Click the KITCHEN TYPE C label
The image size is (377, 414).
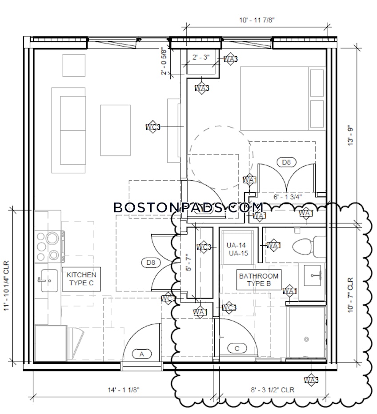click(82, 279)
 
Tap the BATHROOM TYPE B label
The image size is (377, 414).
click(259, 279)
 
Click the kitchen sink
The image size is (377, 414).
click(46, 280)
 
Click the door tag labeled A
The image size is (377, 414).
click(142, 354)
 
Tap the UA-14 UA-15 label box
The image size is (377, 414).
click(236, 249)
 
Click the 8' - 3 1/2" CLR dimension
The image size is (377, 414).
click(273, 390)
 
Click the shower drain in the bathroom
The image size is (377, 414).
click(306, 339)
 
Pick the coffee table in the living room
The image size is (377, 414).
click(115, 130)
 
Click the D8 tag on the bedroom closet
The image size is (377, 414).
click(286, 162)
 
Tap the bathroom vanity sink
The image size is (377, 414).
click(315, 275)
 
